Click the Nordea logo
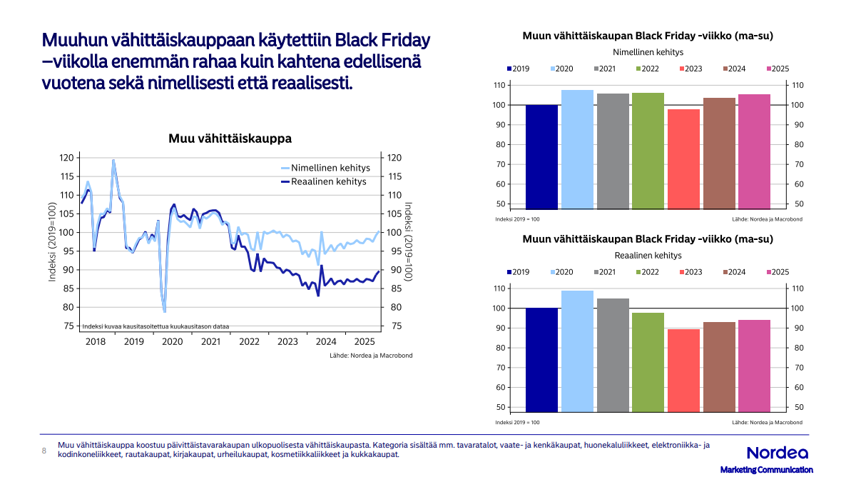click(x=777, y=453)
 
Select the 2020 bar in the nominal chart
click(x=577, y=149)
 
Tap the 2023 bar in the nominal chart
click(x=683, y=159)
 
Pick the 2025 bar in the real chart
click(x=754, y=366)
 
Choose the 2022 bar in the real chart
click(x=648, y=362)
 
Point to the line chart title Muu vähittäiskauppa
click(x=230, y=139)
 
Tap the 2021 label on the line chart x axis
click(x=210, y=342)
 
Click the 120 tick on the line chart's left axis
click(x=66, y=158)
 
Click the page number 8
click(x=44, y=451)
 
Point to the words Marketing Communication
click(x=766, y=470)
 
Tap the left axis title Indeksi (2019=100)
click(x=52, y=241)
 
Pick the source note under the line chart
click(x=371, y=355)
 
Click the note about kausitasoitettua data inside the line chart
click(x=156, y=326)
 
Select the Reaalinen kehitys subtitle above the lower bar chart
click(x=648, y=255)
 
